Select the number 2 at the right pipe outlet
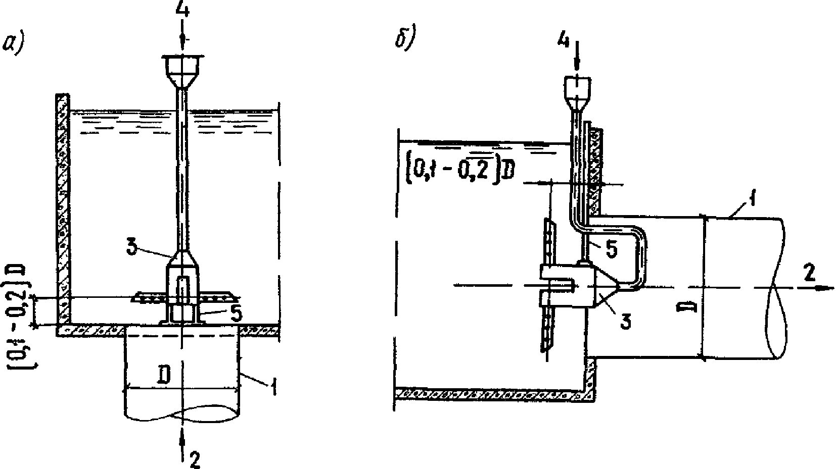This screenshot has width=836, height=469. click(809, 273)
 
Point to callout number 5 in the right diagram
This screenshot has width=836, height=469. click(611, 251)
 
